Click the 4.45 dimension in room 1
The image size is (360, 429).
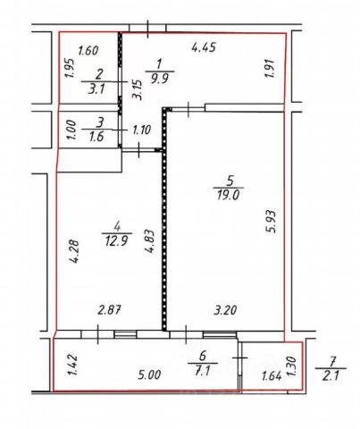(x=204, y=47)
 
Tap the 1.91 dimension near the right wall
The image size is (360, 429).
(x=270, y=69)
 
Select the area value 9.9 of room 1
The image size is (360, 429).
(x=160, y=79)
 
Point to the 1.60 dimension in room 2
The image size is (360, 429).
(x=88, y=51)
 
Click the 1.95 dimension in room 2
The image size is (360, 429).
(x=70, y=68)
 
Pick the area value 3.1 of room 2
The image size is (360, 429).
(x=96, y=88)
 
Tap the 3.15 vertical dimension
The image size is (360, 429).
(x=137, y=89)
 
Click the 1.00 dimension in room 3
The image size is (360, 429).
(x=71, y=130)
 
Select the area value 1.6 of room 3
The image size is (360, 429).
(x=96, y=137)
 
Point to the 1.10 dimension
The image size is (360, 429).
(x=142, y=130)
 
